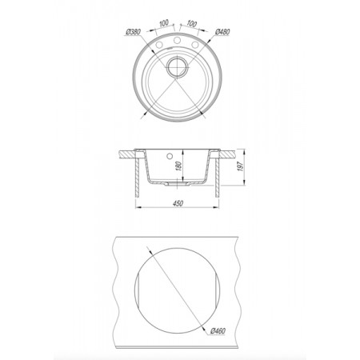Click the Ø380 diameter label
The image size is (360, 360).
coord(133,32)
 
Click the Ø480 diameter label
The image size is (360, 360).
coord(222,32)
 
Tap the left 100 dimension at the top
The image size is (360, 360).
coord(164,23)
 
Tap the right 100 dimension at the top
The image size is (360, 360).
coord(191,23)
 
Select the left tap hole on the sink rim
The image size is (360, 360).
coord(159,45)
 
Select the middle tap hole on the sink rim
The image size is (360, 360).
coord(177,41)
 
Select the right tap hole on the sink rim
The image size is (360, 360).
coord(195,45)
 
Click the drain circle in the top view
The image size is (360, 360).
coord(178,67)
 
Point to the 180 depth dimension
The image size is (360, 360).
coord(179,166)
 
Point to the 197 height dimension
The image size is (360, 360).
coord(241,166)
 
